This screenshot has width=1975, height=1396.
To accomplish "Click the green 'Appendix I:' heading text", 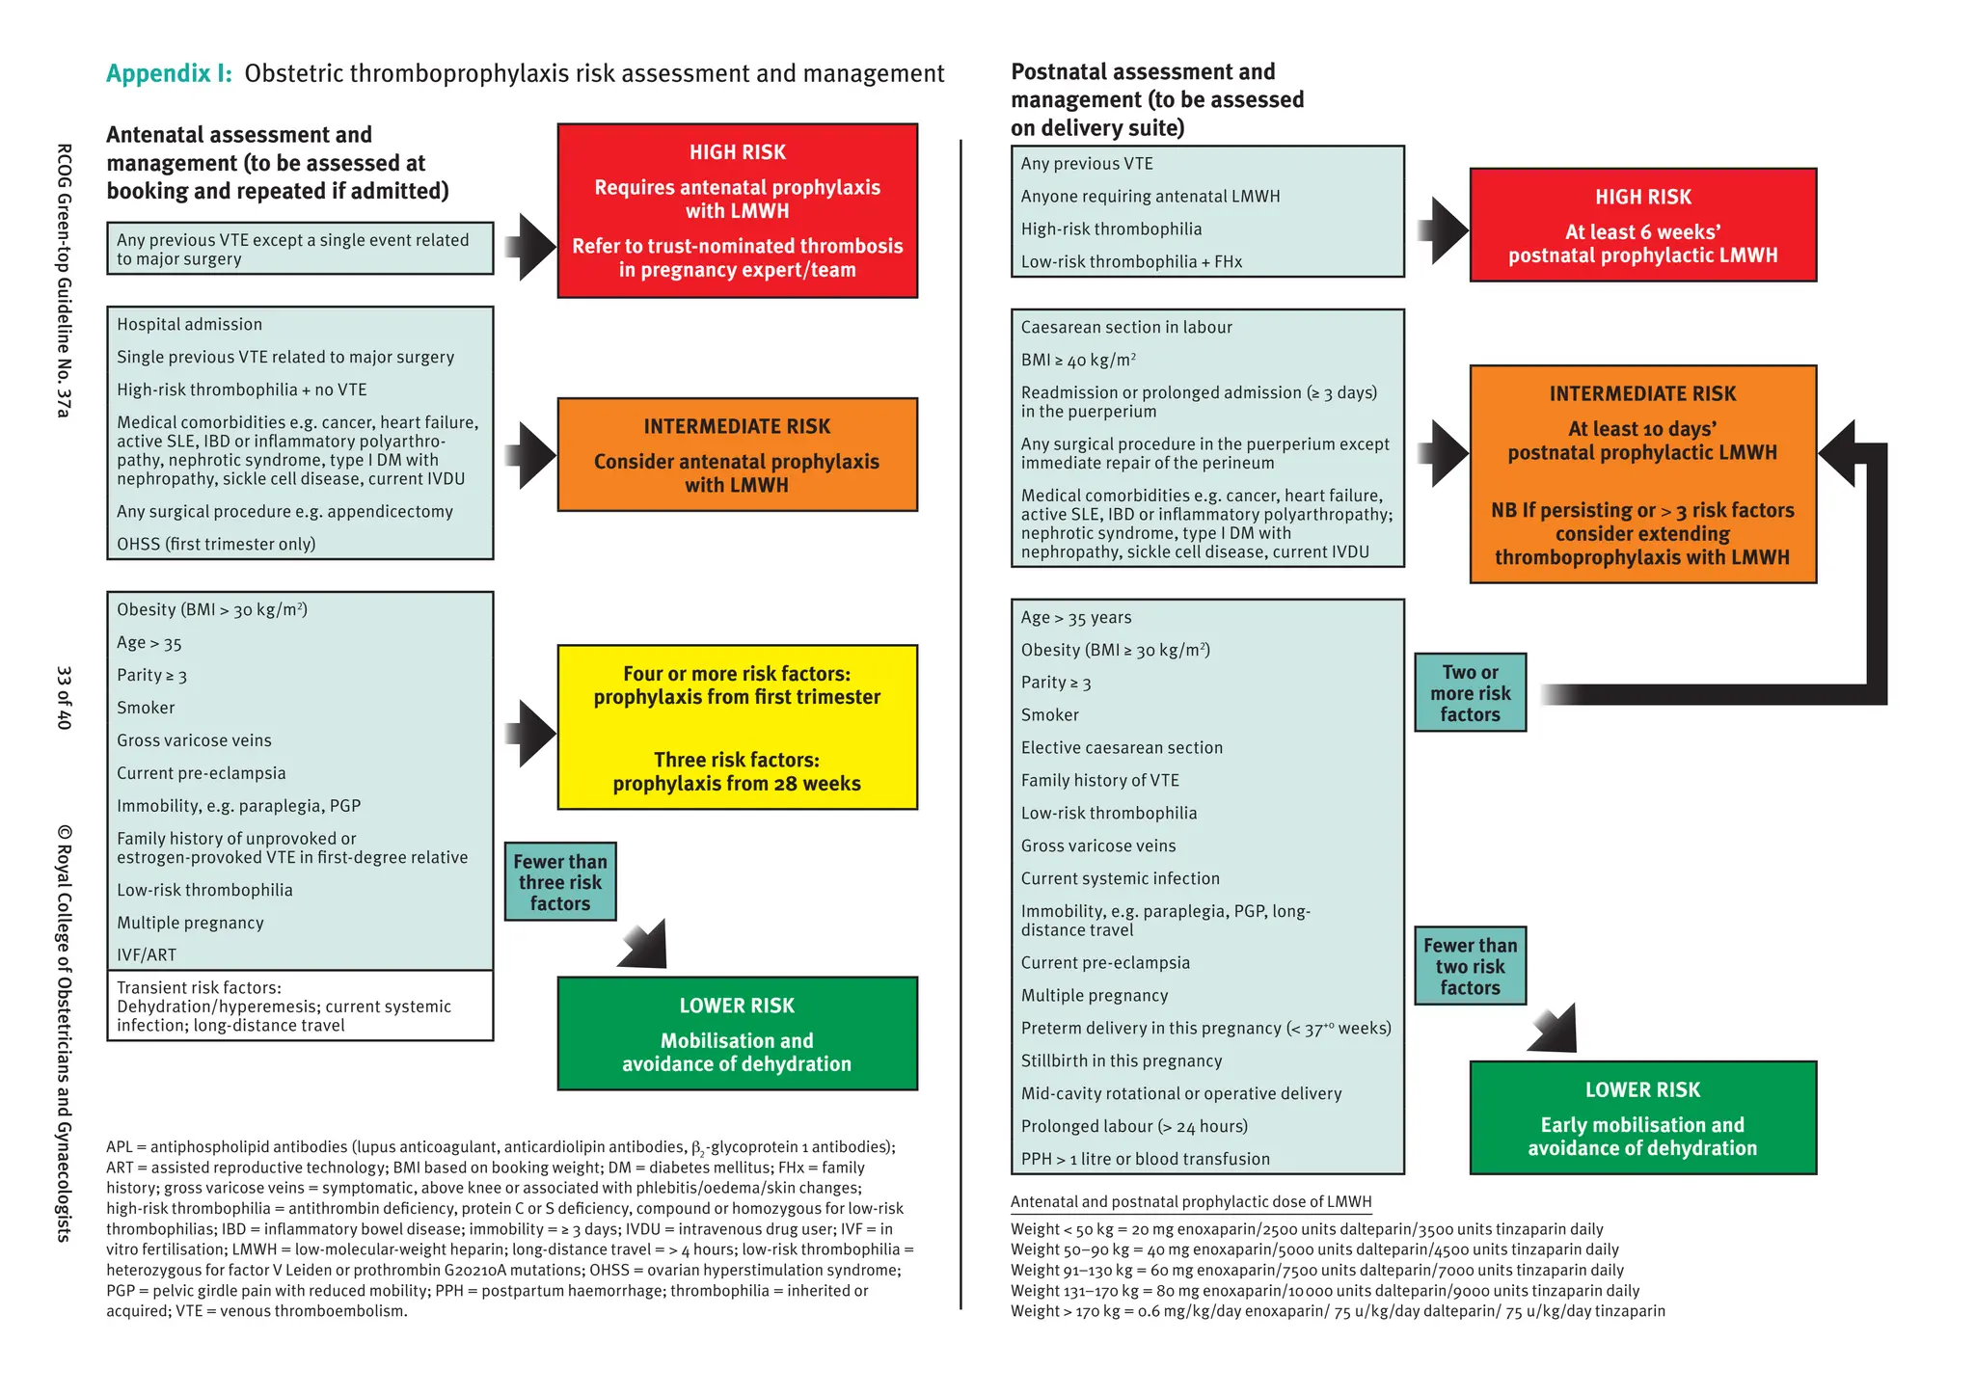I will click(169, 73).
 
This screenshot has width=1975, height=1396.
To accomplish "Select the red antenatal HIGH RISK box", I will click(737, 210).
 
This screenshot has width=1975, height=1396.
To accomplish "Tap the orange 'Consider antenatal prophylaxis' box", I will click(737, 454).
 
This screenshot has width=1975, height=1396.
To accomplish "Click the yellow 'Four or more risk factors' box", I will click(737, 727).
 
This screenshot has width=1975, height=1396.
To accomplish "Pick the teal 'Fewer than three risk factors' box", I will click(560, 882).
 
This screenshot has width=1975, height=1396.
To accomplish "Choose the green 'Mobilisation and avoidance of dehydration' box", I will click(737, 1034).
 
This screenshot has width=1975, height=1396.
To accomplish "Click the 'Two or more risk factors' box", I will click(1470, 693).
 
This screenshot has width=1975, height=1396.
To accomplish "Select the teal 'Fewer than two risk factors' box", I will click(1470, 966).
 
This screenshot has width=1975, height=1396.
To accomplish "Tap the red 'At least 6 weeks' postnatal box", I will click(1642, 226).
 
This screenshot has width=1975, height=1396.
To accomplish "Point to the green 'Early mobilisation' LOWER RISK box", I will click(1642, 1117).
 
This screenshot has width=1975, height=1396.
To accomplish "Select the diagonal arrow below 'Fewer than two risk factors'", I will click(1554, 1030).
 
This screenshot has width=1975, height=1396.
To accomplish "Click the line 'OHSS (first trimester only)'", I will click(216, 544).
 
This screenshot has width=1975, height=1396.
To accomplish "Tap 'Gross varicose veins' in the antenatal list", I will click(194, 740).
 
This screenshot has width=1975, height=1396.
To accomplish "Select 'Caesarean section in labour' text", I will click(1126, 328).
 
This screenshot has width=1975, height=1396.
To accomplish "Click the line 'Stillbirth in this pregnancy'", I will click(1122, 1060).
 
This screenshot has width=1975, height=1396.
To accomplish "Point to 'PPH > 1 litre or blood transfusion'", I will click(1145, 1159).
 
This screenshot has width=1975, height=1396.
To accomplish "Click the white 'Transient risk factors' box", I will click(299, 1006).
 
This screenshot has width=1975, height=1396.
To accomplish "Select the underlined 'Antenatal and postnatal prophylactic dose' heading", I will click(1190, 1202).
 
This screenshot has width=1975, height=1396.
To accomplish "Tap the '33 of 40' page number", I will click(64, 697).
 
